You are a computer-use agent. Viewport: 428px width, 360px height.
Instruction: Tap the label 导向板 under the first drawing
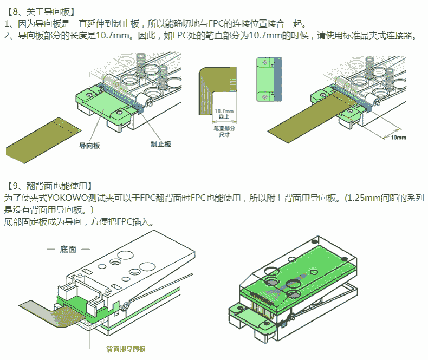click(x=89, y=145)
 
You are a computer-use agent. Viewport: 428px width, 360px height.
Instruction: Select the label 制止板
click(x=160, y=144)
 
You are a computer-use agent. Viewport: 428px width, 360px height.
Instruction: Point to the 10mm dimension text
click(x=398, y=138)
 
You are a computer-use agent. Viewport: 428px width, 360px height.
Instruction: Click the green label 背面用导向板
click(x=126, y=349)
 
